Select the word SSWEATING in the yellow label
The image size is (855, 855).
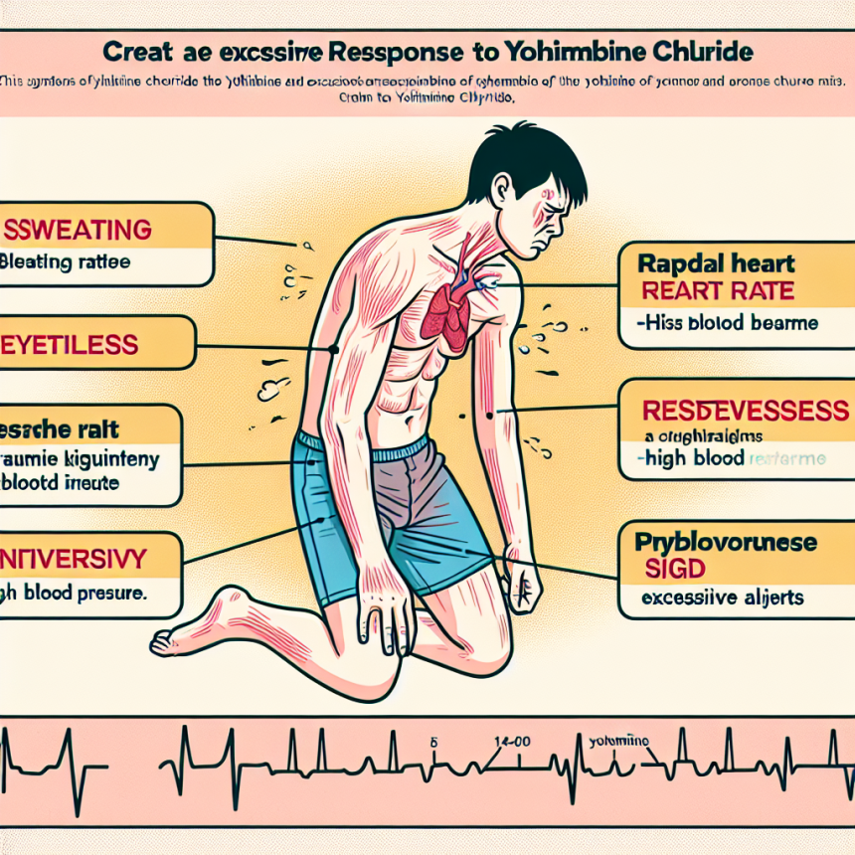[x=79, y=231]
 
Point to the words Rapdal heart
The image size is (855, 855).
[x=707, y=264]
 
